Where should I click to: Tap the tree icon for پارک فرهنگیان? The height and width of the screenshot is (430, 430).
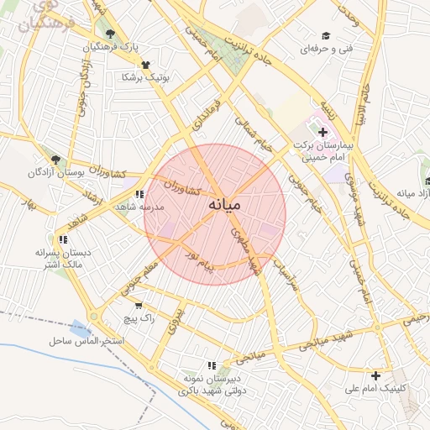click(110, 34)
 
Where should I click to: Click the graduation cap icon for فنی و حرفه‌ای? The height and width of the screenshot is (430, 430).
click(326, 35)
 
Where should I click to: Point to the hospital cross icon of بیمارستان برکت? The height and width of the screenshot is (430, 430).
click(322, 133)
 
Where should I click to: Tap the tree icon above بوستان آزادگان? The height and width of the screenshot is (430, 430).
click(55, 159)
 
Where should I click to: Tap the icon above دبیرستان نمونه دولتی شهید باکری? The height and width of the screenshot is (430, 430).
click(212, 365)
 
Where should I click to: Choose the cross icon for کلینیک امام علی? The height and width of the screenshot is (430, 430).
click(375, 375)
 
